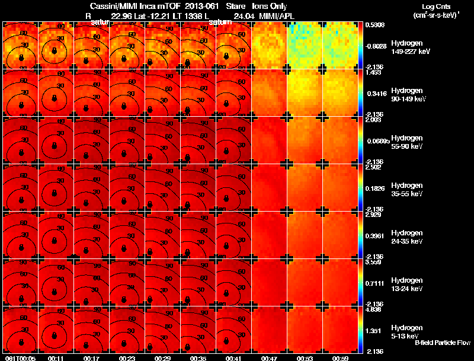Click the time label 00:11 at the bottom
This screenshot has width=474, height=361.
(56, 359)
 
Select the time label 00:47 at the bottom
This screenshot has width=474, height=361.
(269, 359)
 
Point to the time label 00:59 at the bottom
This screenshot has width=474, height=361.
(340, 359)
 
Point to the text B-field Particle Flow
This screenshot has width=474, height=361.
(443, 343)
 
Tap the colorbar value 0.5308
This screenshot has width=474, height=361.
(375, 25)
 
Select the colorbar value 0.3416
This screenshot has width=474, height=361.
(375, 94)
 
